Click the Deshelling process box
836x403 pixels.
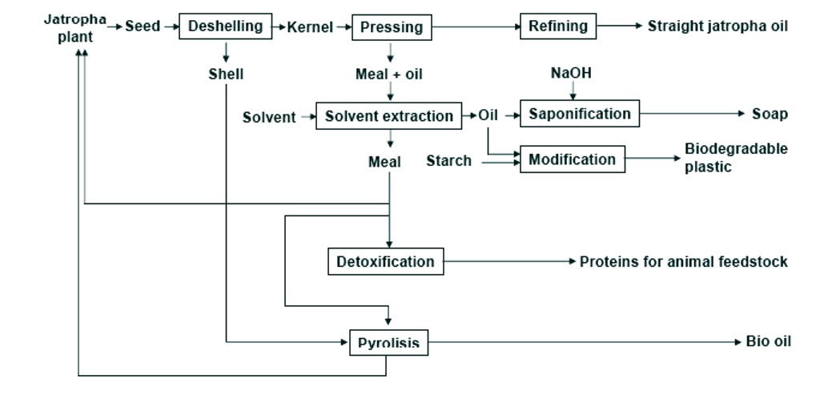point(225,26)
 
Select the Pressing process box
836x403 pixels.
point(392,28)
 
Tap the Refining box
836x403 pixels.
point(558,26)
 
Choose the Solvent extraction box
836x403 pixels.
point(389,116)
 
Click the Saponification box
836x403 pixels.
point(580,114)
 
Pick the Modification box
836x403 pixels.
point(572,159)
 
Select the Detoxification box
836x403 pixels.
point(385,262)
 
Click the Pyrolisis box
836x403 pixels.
point(388,344)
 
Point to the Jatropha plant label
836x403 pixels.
point(74,26)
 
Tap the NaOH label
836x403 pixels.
point(572,74)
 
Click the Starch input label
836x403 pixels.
point(448,161)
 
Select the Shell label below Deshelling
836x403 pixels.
point(226,75)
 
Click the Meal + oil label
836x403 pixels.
point(389,75)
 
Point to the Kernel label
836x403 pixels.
point(310,27)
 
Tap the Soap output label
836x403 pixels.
point(769,115)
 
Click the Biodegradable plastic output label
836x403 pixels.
point(735,158)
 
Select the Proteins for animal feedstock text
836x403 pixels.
point(683,262)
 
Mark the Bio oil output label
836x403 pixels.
point(768,342)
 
